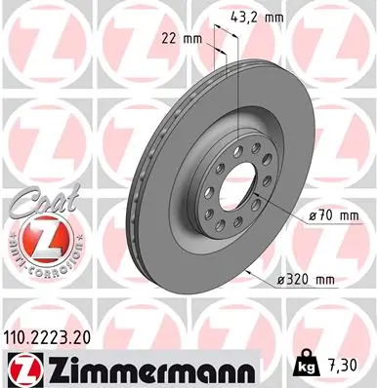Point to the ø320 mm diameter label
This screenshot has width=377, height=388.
click(307, 281)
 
